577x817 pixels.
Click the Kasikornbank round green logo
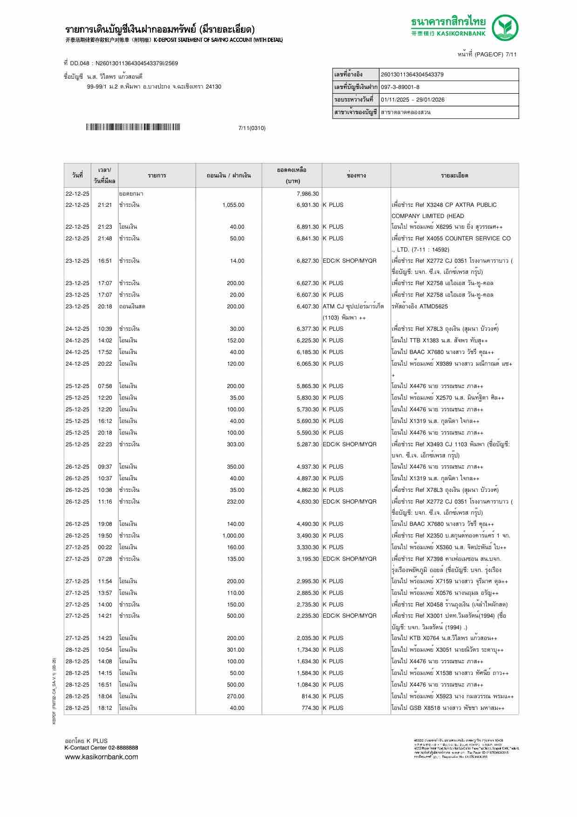[x=506, y=28]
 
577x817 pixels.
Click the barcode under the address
[x=133, y=127]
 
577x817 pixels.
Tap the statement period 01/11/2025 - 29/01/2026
[x=413, y=100]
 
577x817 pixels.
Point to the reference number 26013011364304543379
[x=412, y=75]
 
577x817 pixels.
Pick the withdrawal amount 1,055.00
[x=233, y=205]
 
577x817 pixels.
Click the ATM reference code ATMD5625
[x=432, y=306]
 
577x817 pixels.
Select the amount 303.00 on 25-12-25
[x=236, y=444]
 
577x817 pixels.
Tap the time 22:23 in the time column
[x=105, y=444]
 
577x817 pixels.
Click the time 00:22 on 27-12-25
[x=105, y=547]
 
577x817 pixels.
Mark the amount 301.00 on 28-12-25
[x=236, y=650]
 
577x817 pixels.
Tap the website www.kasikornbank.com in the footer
[x=101, y=756]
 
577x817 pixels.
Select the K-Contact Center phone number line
[x=101, y=748]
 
